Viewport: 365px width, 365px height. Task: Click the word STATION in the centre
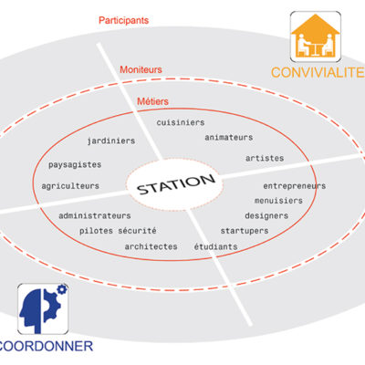[x=176, y=184]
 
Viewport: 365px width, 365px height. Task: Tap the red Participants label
[x=123, y=21]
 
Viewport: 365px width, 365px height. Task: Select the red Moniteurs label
[x=141, y=69]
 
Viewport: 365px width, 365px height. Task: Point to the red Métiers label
[x=152, y=101]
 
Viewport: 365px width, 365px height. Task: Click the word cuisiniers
[x=181, y=122]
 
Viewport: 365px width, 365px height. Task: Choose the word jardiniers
[x=111, y=141]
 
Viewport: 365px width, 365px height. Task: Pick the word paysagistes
[x=75, y=165]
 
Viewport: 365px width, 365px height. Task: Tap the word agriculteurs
[x=70, y=186]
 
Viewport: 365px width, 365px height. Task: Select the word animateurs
[x=229, y=138]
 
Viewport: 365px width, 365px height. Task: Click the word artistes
[x=265, y=158]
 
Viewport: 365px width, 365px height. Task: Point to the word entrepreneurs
[x=295, y=186]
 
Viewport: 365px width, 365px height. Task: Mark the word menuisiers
[x=278, y=201]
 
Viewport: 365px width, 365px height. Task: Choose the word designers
[x=266, y=216]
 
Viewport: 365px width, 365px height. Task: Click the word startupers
[x=245, y=231]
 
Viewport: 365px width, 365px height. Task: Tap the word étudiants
[x=215, y=246]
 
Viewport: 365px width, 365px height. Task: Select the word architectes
[x=151, y=246]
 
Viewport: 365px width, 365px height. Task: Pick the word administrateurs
[x=95, y=215]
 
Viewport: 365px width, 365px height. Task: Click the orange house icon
[x=316, y=36]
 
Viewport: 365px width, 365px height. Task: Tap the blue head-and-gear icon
[x=43, y=308]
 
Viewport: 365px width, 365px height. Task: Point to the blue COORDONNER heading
[x=46, y=346]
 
